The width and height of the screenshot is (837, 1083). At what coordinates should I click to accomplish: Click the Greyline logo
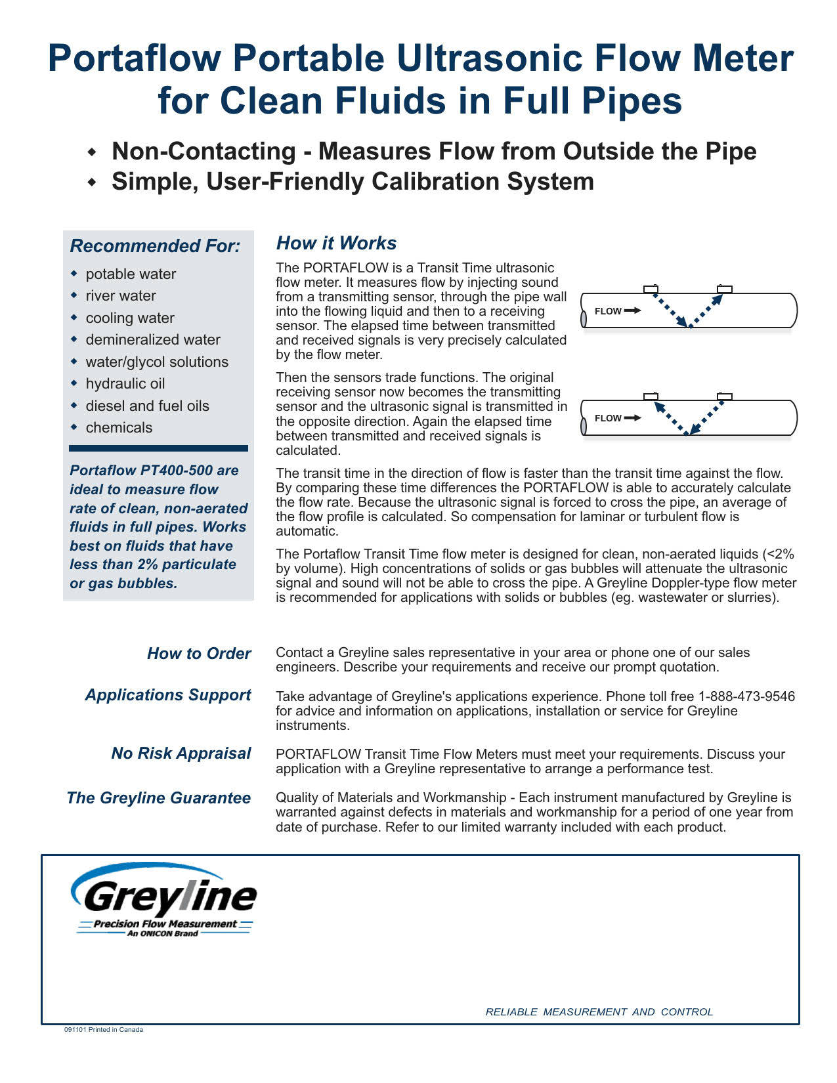click(x=164, y=899)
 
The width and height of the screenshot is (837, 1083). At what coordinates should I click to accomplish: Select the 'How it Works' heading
click(x=336, y=244)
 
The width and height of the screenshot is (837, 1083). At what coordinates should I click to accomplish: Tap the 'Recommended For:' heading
click(x=155, y=246)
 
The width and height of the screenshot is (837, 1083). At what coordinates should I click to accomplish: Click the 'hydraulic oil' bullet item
click(x=125, y=384)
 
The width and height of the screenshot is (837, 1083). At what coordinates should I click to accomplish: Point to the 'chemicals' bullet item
click(x=119, y=428)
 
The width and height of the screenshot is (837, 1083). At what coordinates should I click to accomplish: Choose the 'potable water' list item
click(x=131, y=274)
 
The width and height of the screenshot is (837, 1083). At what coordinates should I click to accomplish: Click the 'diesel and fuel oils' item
click(x=147, y=406)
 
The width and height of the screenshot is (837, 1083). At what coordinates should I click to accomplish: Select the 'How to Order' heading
click(x=199, y=654)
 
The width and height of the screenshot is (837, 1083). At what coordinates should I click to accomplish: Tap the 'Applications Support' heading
click(x=168, y=695)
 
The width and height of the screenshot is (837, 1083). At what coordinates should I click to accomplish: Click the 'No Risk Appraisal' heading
click(x=181, y=754)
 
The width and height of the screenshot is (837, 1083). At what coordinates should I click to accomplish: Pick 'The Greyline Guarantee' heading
click(x=159, y=798)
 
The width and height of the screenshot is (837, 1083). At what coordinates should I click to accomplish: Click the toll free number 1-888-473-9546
click(x=746, y=696)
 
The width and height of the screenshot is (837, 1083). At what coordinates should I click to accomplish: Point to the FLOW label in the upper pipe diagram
click(x=608, y=311)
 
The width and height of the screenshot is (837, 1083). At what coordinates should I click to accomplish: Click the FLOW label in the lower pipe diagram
click(x=608, y=418)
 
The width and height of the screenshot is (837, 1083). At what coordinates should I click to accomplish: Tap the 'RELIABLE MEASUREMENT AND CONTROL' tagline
click(x=599, y=1012)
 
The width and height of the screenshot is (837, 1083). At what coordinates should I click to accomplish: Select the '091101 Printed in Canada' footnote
click(x=103, y=1030)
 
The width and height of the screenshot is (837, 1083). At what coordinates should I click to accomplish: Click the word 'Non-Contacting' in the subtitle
click(x=204, y=152)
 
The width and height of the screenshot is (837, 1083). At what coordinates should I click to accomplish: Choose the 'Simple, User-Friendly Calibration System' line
click(x=353, y=182)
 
